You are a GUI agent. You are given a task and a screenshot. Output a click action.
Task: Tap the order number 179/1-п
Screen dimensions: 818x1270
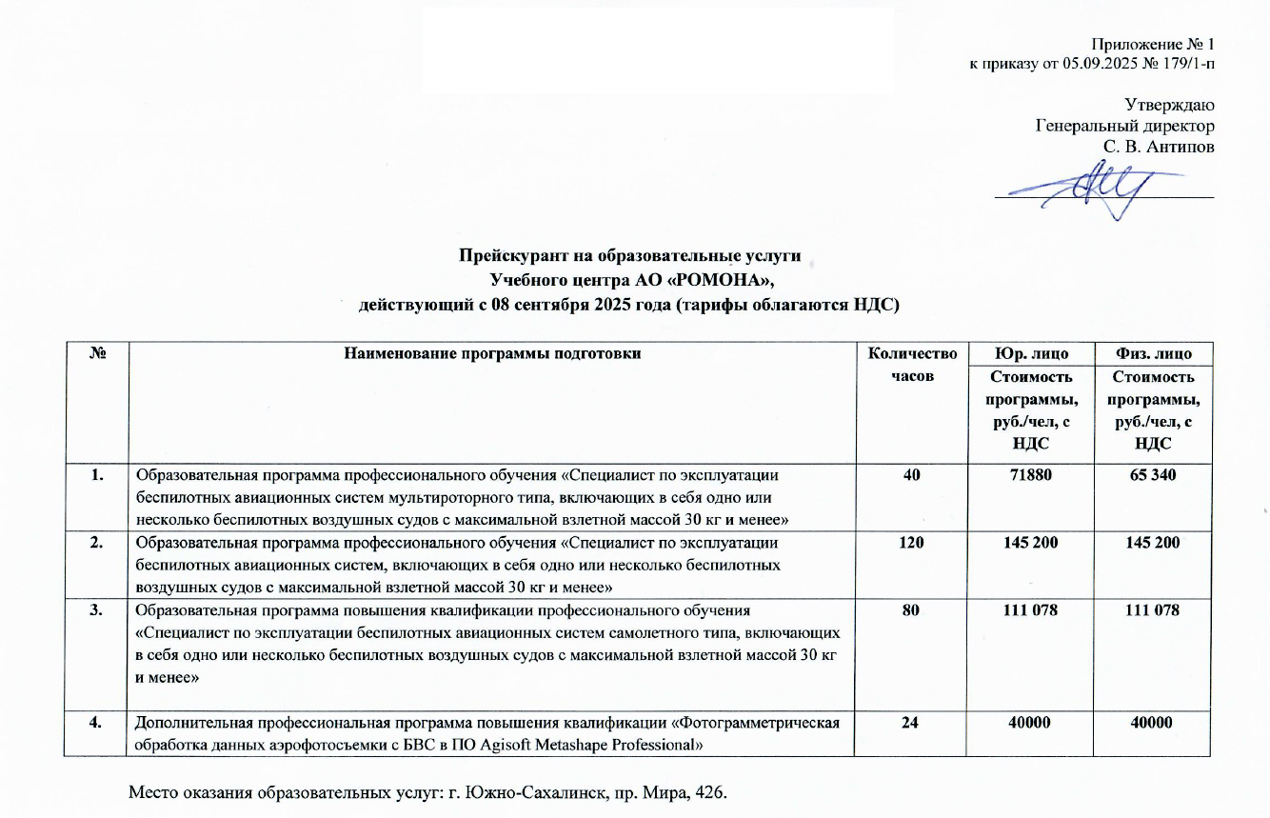pos(1185,64)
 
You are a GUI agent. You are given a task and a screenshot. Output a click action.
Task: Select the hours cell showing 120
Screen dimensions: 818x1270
pos(906,543)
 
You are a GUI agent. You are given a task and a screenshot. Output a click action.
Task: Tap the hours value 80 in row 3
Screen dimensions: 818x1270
pos(910,611)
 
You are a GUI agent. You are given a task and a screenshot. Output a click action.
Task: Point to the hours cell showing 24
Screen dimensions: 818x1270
pos(910,723)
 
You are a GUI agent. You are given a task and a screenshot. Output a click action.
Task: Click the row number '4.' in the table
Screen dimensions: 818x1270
pos(96,723)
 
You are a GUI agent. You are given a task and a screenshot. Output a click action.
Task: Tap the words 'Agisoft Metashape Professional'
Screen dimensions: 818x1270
pos(589,743)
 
